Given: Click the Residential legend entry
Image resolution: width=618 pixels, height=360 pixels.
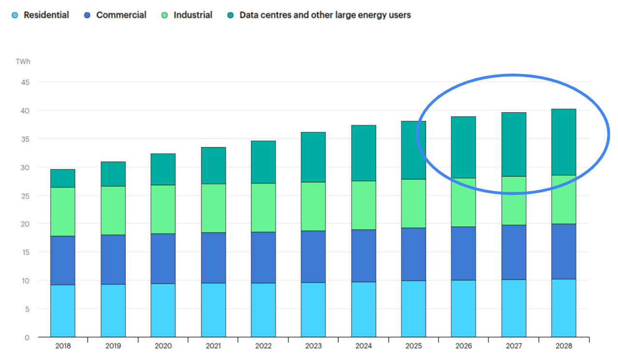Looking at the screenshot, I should pos(41,15).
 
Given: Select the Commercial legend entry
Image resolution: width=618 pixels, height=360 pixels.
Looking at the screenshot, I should pos(116,15).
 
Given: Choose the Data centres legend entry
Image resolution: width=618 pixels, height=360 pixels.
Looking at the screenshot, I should pos(319,15).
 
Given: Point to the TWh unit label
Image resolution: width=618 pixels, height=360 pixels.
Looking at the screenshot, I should pos(23,62).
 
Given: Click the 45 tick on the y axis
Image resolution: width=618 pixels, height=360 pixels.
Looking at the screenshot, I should pos(24,82).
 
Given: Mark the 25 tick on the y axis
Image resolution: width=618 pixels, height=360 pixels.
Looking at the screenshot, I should pos(24,195).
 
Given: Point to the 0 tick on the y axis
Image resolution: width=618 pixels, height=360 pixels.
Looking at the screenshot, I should pos(27,337).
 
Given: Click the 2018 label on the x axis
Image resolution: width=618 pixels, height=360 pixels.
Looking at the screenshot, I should pos(63,346).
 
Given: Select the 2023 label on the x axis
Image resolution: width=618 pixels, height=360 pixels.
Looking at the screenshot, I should pos(313,346).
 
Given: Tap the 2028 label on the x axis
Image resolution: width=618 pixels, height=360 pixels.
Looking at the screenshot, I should pos(564,346).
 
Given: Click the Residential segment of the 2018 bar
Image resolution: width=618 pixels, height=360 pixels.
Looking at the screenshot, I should pos(63,311).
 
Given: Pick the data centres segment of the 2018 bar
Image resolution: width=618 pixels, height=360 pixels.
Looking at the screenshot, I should pos(63,178).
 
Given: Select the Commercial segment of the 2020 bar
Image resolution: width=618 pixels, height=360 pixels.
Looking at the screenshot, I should pos(163,258).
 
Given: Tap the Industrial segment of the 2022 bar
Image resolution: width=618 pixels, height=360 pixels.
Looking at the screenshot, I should pos(263,208).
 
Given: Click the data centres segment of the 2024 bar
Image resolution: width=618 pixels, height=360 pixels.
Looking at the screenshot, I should pos(364,153).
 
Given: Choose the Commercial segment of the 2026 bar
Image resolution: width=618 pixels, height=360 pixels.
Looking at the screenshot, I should pos(463,254).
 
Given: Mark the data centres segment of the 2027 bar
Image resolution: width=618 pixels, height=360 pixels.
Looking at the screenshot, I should pos(514,144).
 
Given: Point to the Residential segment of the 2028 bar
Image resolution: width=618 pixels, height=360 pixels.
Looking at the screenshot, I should pos(564,308).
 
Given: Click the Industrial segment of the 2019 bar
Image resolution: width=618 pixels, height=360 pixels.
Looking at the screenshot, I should pos(113,210).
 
